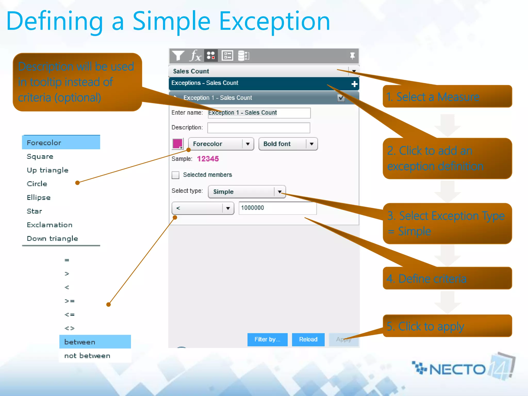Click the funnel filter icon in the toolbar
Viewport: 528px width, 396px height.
(x=178, y=56)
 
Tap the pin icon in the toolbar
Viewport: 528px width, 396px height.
(x=352, y=56)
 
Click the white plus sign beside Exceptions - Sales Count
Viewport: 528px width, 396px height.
(x=354, y=84)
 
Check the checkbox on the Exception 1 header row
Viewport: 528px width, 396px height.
(x=341, y=98)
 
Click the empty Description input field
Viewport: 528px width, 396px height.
(x=259, y=128)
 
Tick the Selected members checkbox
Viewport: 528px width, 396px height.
(x=176, y=175)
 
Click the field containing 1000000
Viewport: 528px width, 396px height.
(x=277, y=208)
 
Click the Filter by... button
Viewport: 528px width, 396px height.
(x=267, y=340)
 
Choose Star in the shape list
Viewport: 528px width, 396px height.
(x=35, y=211)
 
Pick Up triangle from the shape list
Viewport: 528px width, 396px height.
(x=48, y=170)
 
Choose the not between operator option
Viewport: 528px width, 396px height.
(x=87, y=356)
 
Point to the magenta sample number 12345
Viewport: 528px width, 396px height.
(x=208, y=159)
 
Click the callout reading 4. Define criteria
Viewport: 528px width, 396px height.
(x=447, y=278)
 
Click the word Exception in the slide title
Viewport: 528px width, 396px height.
(x=274, y=22)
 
